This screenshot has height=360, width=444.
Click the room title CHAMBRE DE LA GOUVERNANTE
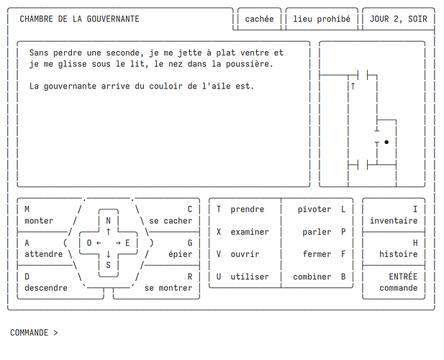coord(79,19)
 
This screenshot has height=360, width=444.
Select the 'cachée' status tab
coord(259,19)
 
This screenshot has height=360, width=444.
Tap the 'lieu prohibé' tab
coord(322,19)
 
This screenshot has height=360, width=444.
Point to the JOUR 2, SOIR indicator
coord(399,19)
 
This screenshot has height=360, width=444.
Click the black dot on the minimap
coord(386,142)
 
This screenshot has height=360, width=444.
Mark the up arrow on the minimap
coord(353,86)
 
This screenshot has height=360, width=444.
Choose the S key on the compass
coord(108,265)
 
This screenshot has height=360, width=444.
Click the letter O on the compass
coord(89,243)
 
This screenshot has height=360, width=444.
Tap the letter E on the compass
coord(127,243)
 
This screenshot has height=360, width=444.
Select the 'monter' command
coord(39,220)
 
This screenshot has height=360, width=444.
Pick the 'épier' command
coord(181,254)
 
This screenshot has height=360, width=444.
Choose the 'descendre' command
coord(46,288)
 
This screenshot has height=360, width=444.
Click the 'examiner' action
coord(250,232)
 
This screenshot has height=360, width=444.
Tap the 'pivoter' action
coord(314,210)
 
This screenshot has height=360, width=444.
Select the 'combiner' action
coord(312,276)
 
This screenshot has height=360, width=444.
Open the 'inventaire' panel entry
coord(394,220)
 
